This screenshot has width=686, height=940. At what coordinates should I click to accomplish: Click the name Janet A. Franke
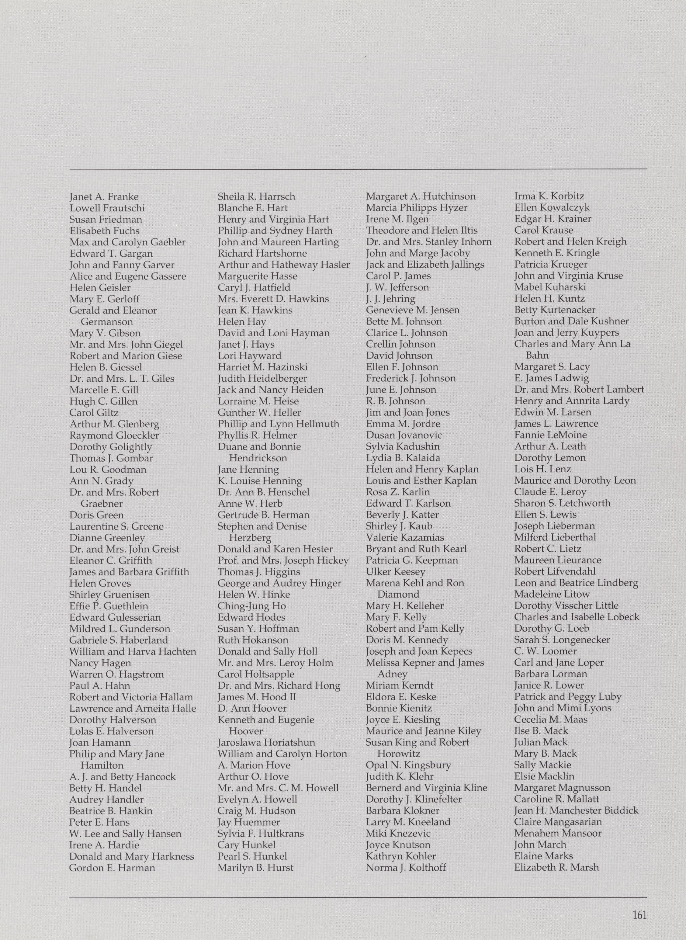[104, 197]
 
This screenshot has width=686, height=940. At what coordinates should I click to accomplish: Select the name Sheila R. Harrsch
[256, 196]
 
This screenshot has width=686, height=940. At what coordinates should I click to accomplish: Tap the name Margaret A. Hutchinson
[421, 196]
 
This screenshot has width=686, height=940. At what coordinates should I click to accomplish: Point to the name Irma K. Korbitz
[549, 196]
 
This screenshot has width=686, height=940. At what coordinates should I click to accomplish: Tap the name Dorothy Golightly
[110, 447]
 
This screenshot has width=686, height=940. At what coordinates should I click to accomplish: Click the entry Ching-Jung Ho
[252, 606]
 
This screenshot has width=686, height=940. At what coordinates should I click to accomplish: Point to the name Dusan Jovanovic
[404, 435]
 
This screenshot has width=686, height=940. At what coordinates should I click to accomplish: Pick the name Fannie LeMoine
[550, 435]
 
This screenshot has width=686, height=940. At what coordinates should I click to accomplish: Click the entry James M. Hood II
[257, 697]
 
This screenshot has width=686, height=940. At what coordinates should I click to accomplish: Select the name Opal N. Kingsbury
[408, 765]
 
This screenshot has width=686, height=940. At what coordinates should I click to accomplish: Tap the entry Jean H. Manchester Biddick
[576, 810]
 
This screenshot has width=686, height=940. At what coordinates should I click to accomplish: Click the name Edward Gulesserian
[115, 617]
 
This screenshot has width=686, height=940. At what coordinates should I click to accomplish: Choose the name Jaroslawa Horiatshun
[266, 742]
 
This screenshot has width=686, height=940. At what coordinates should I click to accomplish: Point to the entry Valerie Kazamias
[405, 538]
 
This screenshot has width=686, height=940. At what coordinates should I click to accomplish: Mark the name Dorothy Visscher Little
[566, 605]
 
